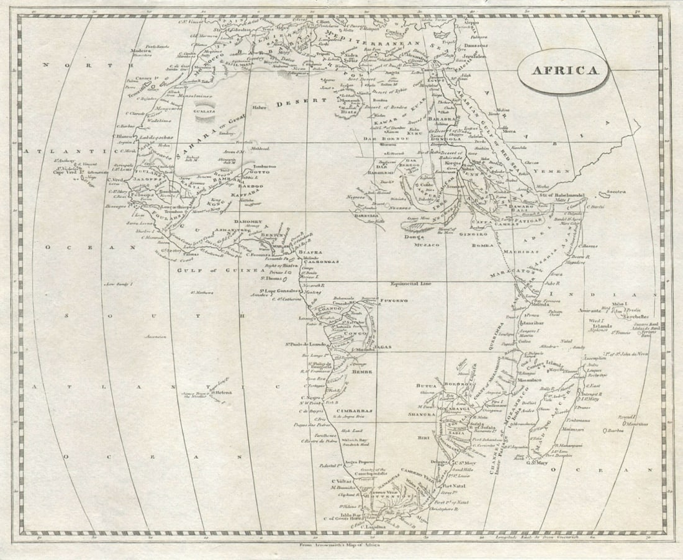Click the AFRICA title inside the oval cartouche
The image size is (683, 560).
pos(562,70)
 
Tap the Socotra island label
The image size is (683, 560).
pos(617,192)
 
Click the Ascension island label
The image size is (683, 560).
pos(156,336)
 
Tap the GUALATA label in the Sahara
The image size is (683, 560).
pos(205,111)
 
